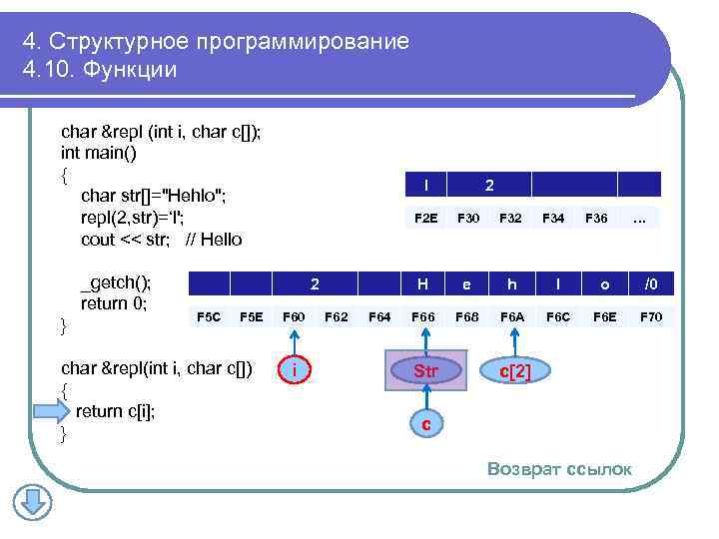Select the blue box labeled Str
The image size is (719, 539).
[x=425, y=371]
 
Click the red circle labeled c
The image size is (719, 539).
[x=426, y=424]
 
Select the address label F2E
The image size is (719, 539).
[x=425, y=218]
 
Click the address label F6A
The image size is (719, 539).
[x=512, y=317]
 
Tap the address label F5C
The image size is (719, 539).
[x=209, y=317]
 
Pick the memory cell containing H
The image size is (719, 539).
[x=423, y=284]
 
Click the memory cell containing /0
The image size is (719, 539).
[x=651, y=284]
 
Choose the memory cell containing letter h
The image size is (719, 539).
[x=512, y=284]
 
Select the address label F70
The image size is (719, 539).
[x=651, y=317]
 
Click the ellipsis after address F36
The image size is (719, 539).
[x=640, y=218]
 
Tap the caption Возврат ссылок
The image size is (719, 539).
[x=559, y=469]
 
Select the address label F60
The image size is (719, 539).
[x=295, y=317]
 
